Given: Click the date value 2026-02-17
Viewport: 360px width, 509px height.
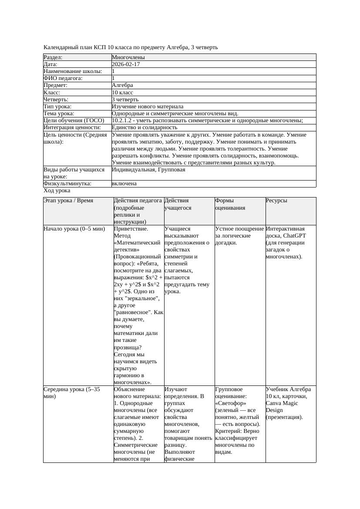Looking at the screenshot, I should tap(126, 64).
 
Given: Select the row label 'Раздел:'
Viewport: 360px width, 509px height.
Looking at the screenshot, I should tap(53, 57).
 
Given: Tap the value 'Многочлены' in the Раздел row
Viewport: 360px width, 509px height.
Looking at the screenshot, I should tap(128, 57).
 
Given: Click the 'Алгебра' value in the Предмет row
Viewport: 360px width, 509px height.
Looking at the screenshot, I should tap(122, 85).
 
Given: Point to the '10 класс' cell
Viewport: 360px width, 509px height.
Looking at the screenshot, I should tap(122, 93).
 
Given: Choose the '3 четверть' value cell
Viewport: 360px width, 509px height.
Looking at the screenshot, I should tap(125, 100).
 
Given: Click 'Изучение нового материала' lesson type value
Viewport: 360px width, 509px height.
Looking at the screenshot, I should tap(147, 107).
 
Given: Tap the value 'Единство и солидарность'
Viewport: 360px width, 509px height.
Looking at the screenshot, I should tap(144, 127).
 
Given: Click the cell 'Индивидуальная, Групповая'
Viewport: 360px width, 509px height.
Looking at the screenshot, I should tap(148, 170).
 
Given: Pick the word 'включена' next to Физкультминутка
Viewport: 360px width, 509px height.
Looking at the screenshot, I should tap(124, 184).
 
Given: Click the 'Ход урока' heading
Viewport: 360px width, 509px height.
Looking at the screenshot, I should tap(57, 191).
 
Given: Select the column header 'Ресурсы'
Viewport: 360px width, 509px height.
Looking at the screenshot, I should tap(276, 201).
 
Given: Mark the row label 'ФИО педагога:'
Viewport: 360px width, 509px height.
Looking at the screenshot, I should tap(63, 78).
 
